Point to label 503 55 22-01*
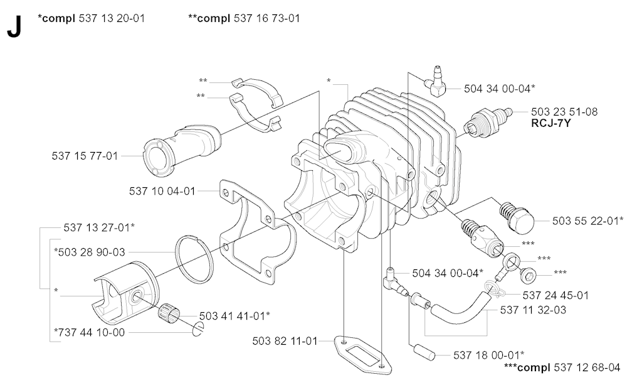coord(588,220)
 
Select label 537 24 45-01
coord(555,295)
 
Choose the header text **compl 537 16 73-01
coord(244,18)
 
